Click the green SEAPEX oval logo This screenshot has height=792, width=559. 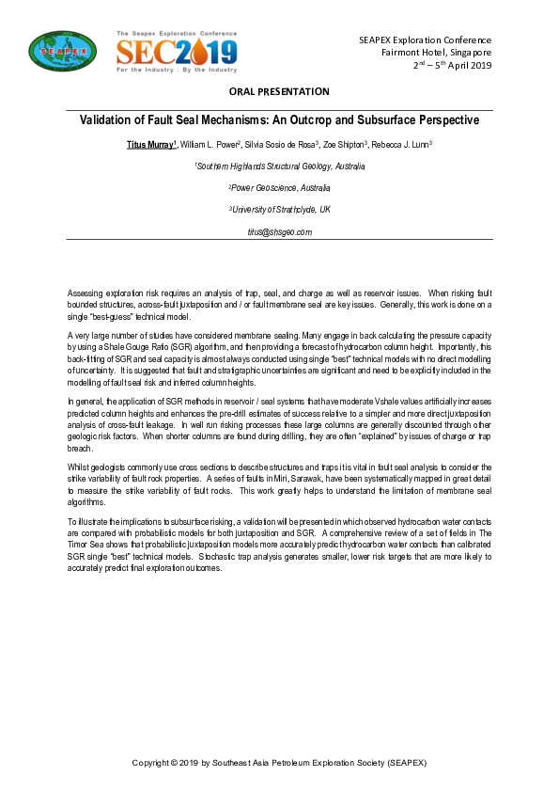pyautogui.click(x=56, y=51)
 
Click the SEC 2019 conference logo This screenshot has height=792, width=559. pyautogui.click(x=176, y=51)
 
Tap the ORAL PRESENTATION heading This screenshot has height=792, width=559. pyautogui.click(x=279, y=91)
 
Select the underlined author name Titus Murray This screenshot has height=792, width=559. pyautogui.click(x=150, y=145)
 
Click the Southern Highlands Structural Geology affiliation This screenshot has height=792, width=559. pyautogui.click(x=279, y=166)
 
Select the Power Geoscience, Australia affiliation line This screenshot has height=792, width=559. pyautogui.click(x=279, y=188)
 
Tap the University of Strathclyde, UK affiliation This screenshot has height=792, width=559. pyautogui.click(x=279, y=209)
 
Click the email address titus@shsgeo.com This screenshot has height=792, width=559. pyautogui.click(x=279, y=231)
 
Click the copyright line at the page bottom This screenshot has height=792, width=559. pyautogui.click(x=279, y=761)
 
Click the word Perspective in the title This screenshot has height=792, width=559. pyautogui.click(x=438, y=120)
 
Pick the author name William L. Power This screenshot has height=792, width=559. pyautogui.click(x=210, y=145)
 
